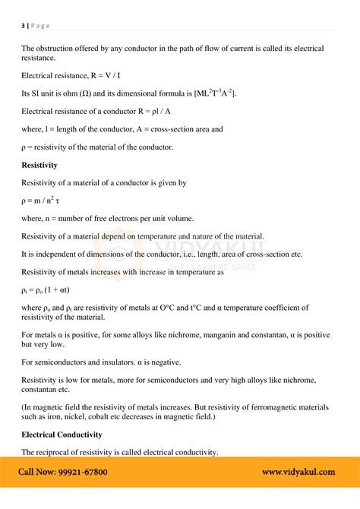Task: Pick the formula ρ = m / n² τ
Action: pyautogui.click(x=45, y=200)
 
